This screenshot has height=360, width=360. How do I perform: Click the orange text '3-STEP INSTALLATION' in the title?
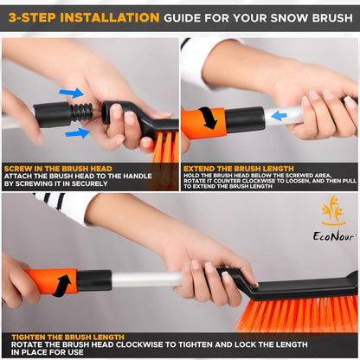(83, 16)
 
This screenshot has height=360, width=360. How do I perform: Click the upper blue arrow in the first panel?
(72, 93)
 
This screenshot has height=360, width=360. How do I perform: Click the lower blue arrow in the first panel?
(76, 132)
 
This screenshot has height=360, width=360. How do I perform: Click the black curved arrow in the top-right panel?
(208, 119)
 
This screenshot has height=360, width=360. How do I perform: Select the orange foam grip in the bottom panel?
(52, 281)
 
